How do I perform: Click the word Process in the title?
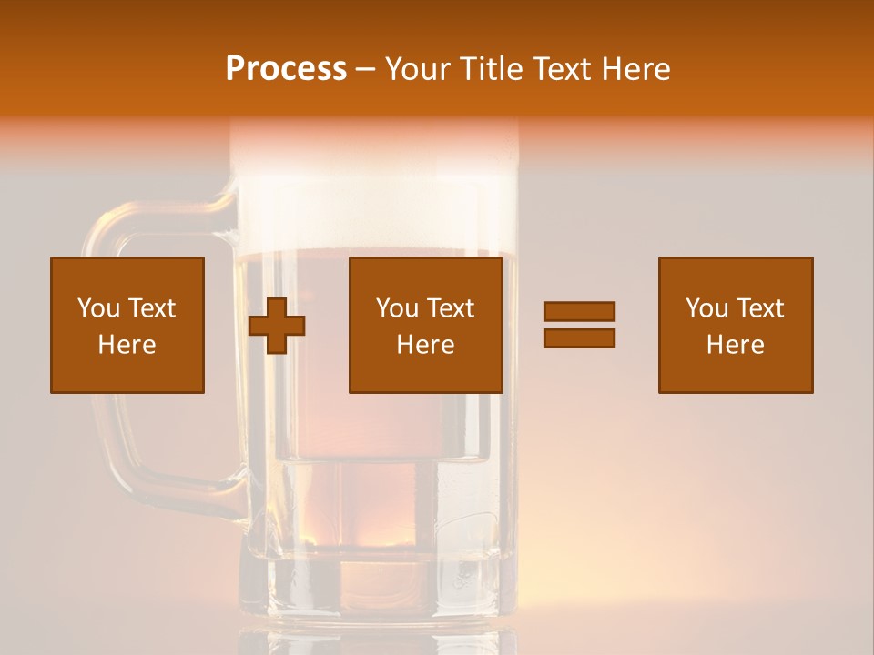pos(286,69)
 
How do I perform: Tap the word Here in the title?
pos(635,69)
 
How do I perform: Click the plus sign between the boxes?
pos(277,326)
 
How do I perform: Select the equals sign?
pos(579,325)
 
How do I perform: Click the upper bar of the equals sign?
pos(579,312)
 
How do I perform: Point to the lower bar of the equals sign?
pos(579,338)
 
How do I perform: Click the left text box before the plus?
pos(127,325)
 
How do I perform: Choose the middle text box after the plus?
pos(426,325)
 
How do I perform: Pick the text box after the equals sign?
pos(736,325)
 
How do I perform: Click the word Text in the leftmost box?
pos(151,308)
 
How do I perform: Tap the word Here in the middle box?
pos(426,345)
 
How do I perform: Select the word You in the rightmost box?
pos(706,308)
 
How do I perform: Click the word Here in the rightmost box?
pos(736,345)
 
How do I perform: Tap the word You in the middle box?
pos(397,308)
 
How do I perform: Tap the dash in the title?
pos(366,69)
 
